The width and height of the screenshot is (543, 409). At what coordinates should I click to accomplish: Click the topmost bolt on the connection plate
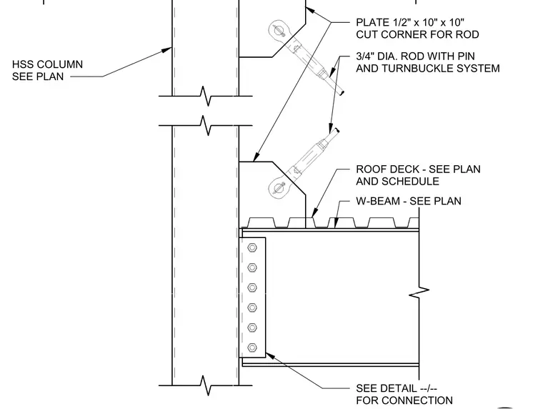click(252, 247)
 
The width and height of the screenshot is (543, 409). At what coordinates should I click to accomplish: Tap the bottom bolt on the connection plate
click(252, 348)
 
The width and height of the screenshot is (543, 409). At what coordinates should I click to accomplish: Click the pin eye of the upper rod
click(278, 30)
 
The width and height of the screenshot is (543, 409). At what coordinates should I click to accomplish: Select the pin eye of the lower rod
click(278, 188)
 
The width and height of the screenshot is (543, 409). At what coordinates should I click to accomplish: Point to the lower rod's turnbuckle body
click(307, 159)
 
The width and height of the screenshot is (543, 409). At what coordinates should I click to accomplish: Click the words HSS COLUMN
click(47, 64)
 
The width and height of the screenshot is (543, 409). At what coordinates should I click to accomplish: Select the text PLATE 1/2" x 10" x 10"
click(410, 23)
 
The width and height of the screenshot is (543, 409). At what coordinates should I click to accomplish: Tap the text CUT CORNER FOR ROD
click(417, 34)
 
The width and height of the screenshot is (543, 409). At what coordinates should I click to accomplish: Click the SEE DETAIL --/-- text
click(397, 388)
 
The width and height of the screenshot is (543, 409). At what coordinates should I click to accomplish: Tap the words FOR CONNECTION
click(404, 400)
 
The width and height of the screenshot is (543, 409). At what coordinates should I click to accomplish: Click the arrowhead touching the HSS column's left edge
click(166, 51)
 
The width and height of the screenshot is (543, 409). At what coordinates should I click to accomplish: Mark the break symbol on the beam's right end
click(419, 292)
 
